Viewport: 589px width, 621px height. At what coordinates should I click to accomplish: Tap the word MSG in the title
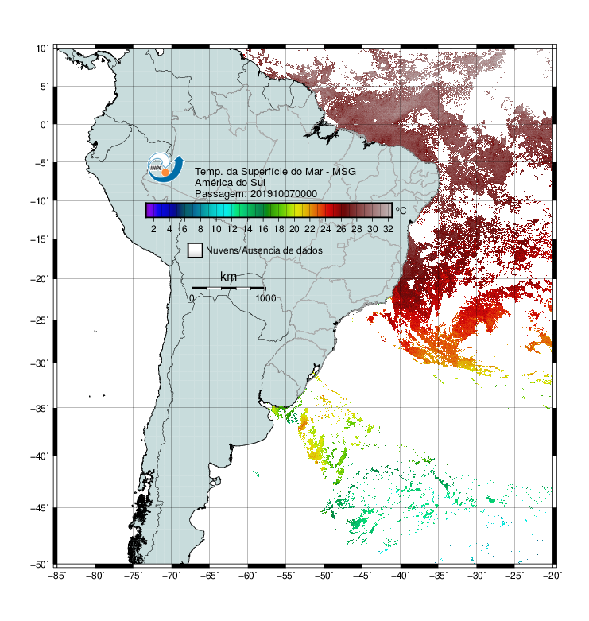(x=344, y=172)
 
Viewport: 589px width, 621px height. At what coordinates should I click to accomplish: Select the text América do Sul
(x=230, y=183)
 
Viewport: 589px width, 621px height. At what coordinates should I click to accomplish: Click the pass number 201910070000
(x=284, y=194)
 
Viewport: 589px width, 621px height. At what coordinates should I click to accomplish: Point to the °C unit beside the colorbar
(x=401, y=210)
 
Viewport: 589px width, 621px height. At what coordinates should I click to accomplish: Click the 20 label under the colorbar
(x=294, y=229)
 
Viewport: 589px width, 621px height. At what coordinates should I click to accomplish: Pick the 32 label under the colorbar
(x=388, y=229)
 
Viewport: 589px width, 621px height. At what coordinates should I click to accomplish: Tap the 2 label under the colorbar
(x=153, y=229)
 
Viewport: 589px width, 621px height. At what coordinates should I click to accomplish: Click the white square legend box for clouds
(x=196, y=250)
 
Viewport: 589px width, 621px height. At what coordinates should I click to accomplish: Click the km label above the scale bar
(x=228, y=277)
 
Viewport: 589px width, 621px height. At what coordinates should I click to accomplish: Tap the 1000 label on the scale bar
(x=265, y=298)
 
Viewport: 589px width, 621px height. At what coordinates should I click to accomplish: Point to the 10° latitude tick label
(x=41, y=49)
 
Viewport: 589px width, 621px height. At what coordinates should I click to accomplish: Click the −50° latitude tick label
(x=39, y=565)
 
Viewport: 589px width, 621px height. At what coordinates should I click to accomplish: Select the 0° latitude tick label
(x=45, y=125)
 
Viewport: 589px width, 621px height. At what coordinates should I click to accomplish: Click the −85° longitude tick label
(x=56, y=576)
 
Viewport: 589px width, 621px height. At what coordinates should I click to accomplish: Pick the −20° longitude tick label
(x=552, y=576)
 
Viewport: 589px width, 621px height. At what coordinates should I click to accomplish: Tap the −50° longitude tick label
(x=324, y=576)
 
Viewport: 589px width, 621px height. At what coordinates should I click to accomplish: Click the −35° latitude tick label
(x=39, y=409)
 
